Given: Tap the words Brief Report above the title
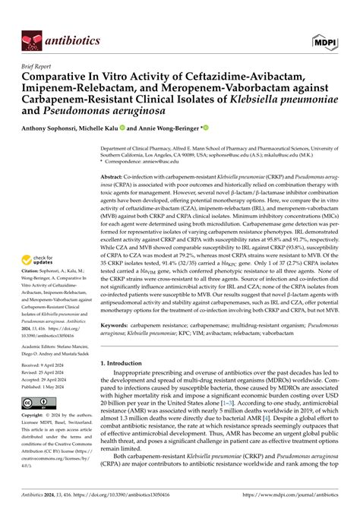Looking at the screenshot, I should click(x=38, y=65).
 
